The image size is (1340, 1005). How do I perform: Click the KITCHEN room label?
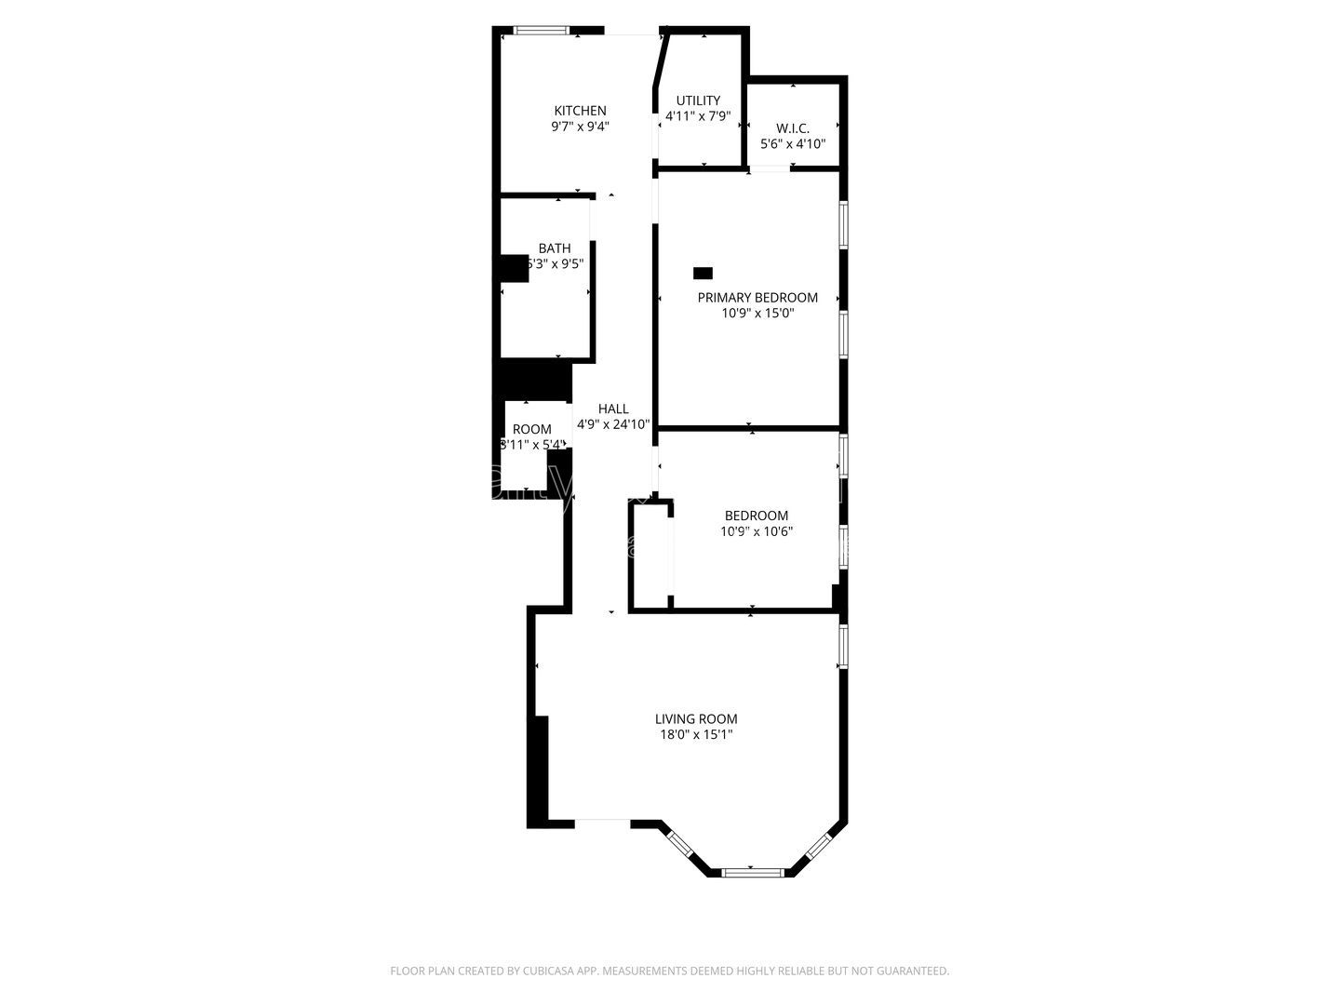[580, 111]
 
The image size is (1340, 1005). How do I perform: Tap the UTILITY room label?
[698, 100]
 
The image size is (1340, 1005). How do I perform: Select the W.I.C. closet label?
[793, 127]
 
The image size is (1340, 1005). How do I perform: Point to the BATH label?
[555, 248]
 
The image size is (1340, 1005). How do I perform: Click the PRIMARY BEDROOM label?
[757, 298]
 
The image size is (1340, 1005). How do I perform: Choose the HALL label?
[613, 409]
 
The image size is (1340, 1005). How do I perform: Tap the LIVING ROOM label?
[696, 718]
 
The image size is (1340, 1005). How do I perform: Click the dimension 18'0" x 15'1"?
[696, 735]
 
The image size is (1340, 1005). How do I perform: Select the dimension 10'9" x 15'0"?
[757, 314]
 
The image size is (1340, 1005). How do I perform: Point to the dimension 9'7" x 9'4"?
[580, 127]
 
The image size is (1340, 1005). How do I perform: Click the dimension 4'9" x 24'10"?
[613, 424]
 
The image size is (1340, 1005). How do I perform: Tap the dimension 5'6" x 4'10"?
[793, 144]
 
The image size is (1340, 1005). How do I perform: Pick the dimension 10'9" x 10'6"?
[757, 531]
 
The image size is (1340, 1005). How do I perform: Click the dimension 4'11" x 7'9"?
[698, 117]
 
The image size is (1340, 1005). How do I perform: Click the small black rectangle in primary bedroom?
[703, 273]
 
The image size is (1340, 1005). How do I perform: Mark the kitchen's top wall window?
[541, 31]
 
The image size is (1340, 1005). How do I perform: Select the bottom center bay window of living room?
[753, 872]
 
